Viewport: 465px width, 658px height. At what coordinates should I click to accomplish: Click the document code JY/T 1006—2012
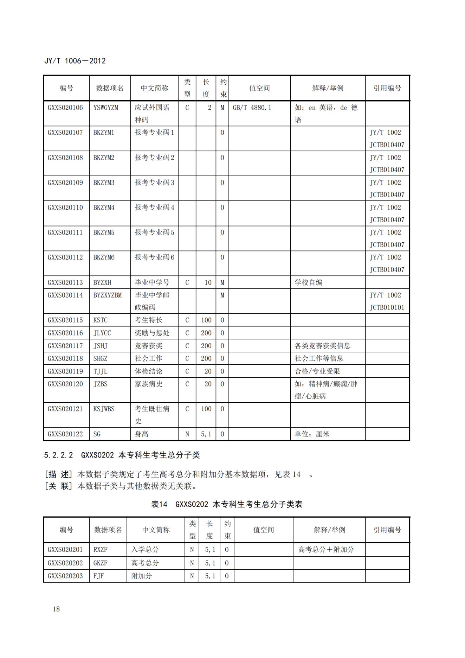75,61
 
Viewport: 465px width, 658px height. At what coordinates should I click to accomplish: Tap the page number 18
56,609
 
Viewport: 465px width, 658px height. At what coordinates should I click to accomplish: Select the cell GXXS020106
65,108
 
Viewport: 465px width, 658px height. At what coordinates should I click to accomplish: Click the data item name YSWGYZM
106,108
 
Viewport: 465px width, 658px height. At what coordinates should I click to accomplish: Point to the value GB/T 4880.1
252,108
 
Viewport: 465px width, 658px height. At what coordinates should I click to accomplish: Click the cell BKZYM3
104,183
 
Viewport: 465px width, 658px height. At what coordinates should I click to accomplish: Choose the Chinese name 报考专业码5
154,232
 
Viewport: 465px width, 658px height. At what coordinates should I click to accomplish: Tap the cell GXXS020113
65,282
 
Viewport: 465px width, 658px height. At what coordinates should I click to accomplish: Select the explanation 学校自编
308,282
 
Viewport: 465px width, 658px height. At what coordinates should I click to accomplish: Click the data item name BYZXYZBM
108,295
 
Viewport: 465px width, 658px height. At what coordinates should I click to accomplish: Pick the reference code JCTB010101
387,307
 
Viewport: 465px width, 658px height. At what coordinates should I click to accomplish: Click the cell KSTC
101,320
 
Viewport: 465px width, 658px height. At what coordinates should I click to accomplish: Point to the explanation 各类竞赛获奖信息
322,346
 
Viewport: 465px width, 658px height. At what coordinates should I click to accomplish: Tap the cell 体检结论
149,371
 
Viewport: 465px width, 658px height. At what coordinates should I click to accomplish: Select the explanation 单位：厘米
312,434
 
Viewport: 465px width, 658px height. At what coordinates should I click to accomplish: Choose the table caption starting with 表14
227,504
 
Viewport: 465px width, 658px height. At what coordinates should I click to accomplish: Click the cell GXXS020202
65,563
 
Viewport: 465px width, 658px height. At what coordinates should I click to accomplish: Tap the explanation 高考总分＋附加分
326,549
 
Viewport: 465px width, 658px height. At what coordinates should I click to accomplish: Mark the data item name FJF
98,576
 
